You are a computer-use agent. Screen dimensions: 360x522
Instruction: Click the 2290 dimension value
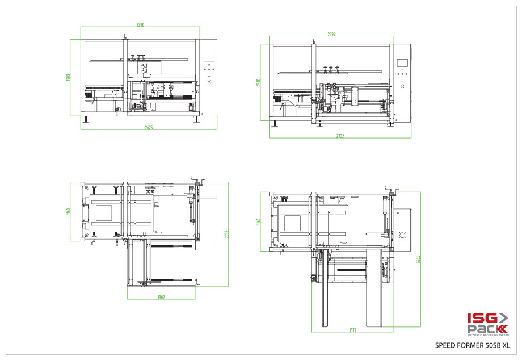(x=140, y=25)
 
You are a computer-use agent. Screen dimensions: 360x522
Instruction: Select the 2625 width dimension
(x=149, y=128)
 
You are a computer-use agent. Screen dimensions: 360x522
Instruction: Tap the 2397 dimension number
(x=331, y=34)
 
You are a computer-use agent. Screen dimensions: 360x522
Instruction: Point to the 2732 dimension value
(x=340, y=136)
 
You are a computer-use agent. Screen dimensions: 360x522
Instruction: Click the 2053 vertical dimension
(x=226, y=234)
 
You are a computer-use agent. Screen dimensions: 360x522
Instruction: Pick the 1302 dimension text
(x=161, y=297)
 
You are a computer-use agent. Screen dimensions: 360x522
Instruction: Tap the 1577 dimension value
(x=352, y=330)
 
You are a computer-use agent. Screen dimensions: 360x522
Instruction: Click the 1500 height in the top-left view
(x=69, y=77)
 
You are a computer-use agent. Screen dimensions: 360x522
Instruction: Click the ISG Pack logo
(x=486, y=324)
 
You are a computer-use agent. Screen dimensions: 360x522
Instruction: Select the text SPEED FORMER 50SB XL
(x=472, y=345)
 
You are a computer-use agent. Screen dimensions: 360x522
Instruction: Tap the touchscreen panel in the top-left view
(x=209, y=58)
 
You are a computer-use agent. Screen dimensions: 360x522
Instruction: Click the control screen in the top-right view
(x=403, y=63)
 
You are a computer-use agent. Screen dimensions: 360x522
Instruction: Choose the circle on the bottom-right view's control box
(x=403, y=235)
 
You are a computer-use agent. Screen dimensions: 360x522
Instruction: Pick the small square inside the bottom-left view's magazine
(x=104, y=213)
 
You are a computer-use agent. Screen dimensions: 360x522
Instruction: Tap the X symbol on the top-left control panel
(x=209, y=82)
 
